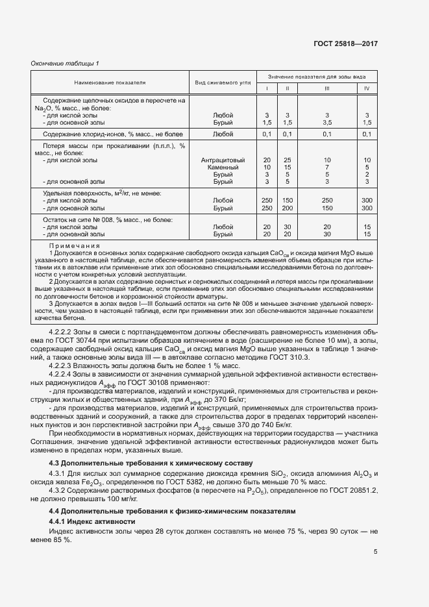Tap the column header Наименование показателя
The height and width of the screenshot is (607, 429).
pyautogui.click(x=109, y=82)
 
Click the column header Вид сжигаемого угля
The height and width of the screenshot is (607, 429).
pyautogui.click(x=223, y=82)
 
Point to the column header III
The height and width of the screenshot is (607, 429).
pyautogui.click(x=327, y=88)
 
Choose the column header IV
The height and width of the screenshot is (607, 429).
pyautogui.click(x=367, y=88)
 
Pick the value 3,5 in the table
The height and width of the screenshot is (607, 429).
pyautogui.click(x=327, y=122)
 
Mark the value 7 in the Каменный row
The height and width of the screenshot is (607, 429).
pyautogui.click(x=327, y=167)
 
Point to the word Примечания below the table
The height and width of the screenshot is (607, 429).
pyautogui.click(x=74, y=246)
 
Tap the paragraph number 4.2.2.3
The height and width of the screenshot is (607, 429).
pyautogui.click(x=64, y=365)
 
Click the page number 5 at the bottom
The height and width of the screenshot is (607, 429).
pyautogui.click(x=376, y=552)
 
